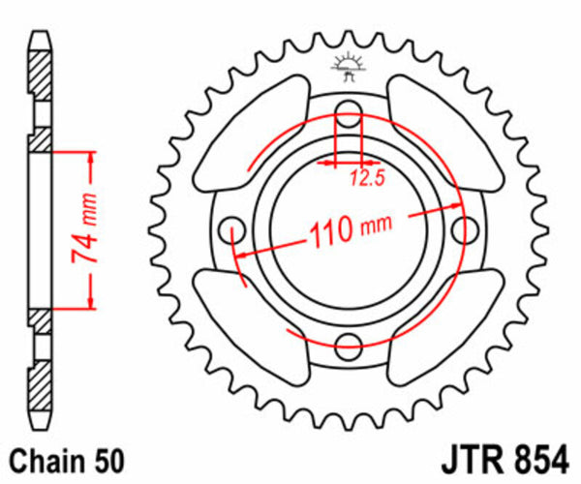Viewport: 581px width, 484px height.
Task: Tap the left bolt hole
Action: [231, 230]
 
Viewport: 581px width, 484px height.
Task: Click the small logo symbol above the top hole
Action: [344, 66]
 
